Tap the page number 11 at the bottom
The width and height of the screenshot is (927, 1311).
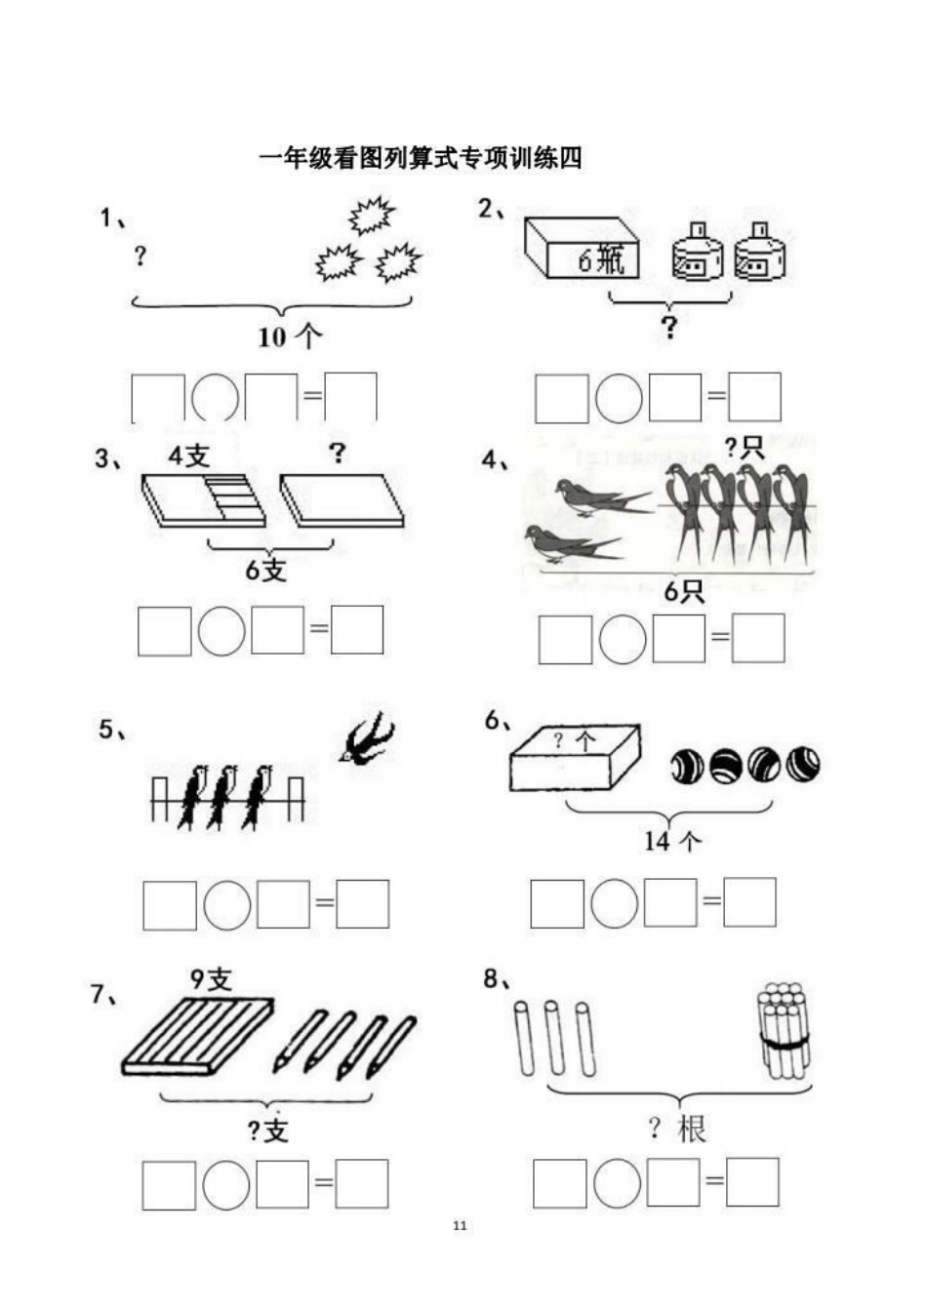tap(461, 1225)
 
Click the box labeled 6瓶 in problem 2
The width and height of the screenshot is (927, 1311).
tap(583, 249)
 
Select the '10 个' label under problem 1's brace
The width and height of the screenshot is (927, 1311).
tap(290, 338)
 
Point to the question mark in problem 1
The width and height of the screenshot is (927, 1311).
tap(141, 256)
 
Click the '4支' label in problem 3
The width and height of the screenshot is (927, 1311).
tap(188, 455)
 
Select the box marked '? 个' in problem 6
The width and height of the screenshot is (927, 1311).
tap(575, 757)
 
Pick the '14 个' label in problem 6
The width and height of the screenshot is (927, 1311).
tap(672, 841)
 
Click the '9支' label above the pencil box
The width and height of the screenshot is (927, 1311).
tap(212, 978)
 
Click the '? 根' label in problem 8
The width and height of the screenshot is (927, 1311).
tap(676, 1130)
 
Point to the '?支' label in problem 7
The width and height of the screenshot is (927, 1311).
tap(266, 1131)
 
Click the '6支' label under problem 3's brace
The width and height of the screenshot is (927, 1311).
tap(265, 570)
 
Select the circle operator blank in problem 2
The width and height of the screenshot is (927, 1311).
tap(619, 398)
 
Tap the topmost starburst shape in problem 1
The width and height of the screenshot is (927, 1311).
tap(370, 216)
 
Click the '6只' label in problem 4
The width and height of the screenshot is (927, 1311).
tap(684, 591)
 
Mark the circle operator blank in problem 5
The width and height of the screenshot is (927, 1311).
tap(226, 905)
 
